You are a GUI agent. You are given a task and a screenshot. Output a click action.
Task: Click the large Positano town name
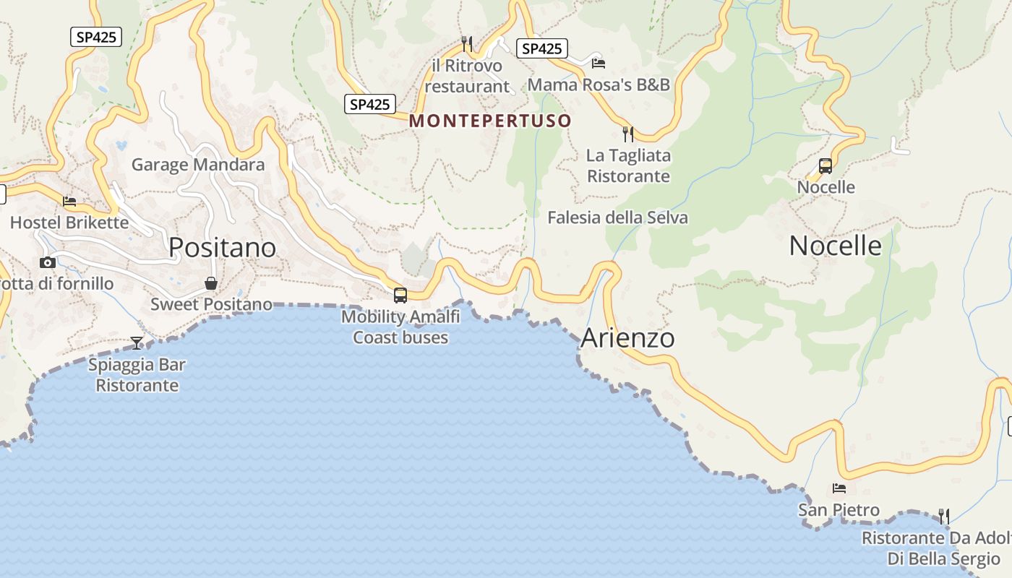click(222, 248)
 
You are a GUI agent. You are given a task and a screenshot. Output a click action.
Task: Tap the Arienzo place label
click(627, 338)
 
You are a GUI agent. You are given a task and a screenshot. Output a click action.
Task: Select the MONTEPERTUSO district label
click(490, 121)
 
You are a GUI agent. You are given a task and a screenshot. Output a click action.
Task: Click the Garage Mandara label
click(198, 165)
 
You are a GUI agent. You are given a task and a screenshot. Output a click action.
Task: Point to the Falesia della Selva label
click(617, 217)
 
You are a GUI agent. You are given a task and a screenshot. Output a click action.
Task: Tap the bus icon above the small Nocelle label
click(826, 166)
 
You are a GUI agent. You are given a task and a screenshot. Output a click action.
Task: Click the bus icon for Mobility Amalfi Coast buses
click(400, 295)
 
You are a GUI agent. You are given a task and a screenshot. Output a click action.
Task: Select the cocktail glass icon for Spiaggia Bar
click(137, 342)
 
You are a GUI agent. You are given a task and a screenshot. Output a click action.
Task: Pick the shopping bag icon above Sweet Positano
click(211, 282)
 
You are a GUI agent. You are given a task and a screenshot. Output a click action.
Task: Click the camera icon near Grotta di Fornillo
click(48, 262)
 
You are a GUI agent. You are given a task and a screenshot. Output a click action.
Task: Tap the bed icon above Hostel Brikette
click(69, 202)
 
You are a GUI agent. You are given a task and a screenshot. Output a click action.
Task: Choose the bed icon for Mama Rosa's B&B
click(598, 64)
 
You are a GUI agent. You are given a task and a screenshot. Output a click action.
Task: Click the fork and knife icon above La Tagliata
click(628, 134)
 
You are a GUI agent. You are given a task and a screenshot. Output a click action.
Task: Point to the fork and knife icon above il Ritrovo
click(467, 44)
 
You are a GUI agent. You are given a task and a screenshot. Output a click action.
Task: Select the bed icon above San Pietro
click(839, 488)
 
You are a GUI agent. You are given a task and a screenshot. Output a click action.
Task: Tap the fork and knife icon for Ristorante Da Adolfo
click(943, 516)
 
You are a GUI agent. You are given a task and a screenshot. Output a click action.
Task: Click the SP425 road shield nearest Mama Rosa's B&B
click(541, 48)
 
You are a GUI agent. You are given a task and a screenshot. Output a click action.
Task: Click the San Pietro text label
click(839, 510)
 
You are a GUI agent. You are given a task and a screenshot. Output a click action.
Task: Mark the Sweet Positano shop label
click(211, 304)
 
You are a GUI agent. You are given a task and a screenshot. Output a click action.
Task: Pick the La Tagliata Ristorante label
click(628, 165)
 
